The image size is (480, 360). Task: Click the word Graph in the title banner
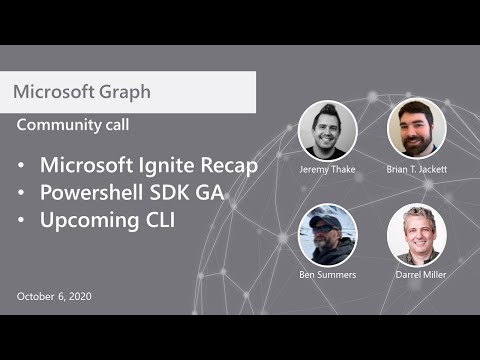(126, 92)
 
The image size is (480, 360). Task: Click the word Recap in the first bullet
(227, 165)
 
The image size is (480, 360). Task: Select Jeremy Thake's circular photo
(327, 130)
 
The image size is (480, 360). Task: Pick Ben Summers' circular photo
(327, 235)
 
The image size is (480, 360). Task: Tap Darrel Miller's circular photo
(416, 235)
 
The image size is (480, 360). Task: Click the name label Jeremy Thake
(327, 170)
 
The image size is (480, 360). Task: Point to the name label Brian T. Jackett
(416, 170)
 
